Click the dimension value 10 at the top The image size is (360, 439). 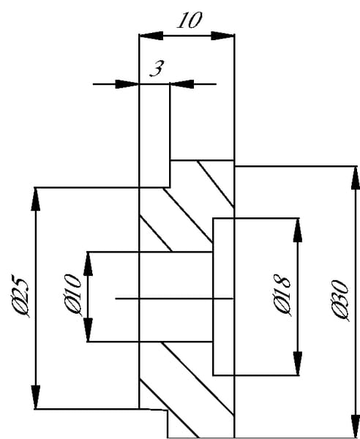click(190, 20)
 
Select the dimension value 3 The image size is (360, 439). click(157, 69)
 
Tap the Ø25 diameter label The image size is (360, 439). click(20, 296)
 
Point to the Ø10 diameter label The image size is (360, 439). click(72, 295)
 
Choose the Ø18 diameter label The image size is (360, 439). click(282, 296)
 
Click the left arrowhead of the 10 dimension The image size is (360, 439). click(151, 36)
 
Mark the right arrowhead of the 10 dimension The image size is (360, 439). click(222, 36)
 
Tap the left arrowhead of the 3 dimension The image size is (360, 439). click(127, 84)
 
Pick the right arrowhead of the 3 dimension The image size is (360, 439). click(182, 84)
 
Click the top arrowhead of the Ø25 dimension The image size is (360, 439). click(36, 199)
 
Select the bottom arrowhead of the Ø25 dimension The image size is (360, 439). click(36, 397)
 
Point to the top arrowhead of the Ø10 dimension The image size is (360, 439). click(89, 263)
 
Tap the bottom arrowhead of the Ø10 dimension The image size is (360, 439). click(89, 330)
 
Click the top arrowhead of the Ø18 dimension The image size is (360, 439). click(298, 230)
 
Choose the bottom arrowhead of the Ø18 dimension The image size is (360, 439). click(298, 364)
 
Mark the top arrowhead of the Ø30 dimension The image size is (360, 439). click(356, 178)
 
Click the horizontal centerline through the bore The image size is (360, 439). click(174, 299)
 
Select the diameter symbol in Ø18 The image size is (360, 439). click(282, 307)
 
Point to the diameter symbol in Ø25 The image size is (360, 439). click(20, 308)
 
